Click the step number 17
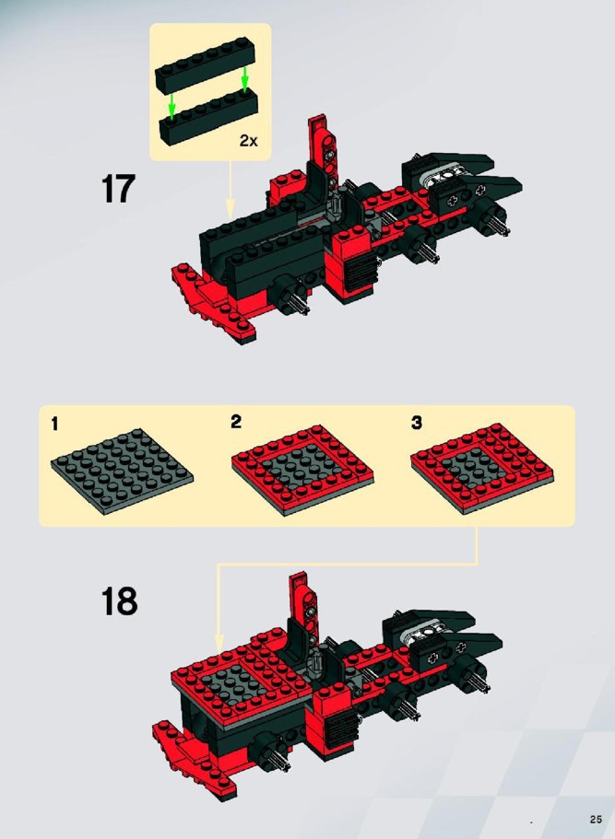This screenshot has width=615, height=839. [118, 189]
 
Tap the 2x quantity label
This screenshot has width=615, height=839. [249, 141]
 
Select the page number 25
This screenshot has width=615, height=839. [596, 820]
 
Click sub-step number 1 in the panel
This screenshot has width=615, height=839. [54, 425]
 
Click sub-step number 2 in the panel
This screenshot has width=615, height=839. [236, 422]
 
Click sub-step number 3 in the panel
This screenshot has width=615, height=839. [416, 422]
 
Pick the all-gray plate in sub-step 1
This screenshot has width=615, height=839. [122, 471]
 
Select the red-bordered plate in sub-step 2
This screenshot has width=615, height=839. [302, 470]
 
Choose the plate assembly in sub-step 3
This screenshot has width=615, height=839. [482, 468]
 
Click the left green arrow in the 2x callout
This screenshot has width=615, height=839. [171, 106]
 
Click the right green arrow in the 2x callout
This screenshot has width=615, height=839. [245, 78]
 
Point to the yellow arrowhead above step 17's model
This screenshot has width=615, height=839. [230, 208]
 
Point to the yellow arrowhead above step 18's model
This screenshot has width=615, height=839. [219, 644]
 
